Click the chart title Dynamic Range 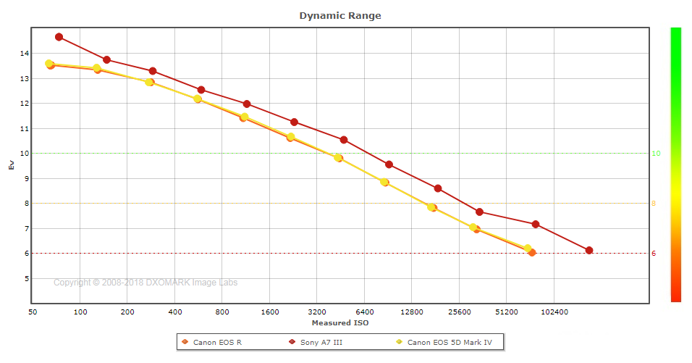pyautogui.click(x=340, y=15)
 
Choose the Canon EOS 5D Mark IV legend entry pyautogui.click(x=450, y=342)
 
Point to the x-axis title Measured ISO pyautogui.click(x=339, y=322)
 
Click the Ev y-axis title pyautogui.click(x=11, y=165)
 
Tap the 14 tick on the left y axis pyautogui.click(x=24, y=54)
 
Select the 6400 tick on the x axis pyautogui.click(x=364, y=312)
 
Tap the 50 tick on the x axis pyautogui.click(x=33, y=312)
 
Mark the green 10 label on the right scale pyautogui.click(x=655, y=154)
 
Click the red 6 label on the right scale pyautogui.click(x=654, y=254)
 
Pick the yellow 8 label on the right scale pyautogui.click(x=654, y=204)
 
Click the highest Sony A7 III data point pyautogui.click(x=59, y=37)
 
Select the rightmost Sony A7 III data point pyautogui.click(x=589, y=251)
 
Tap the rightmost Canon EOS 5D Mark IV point pyautogui.click(x=528, y=249)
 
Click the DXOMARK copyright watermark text pyautogui.click(x=145, y=283)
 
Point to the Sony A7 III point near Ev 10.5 pyautogui.click(x=344, y=140)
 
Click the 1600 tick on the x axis pyautogui.click(x=269, y=312)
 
